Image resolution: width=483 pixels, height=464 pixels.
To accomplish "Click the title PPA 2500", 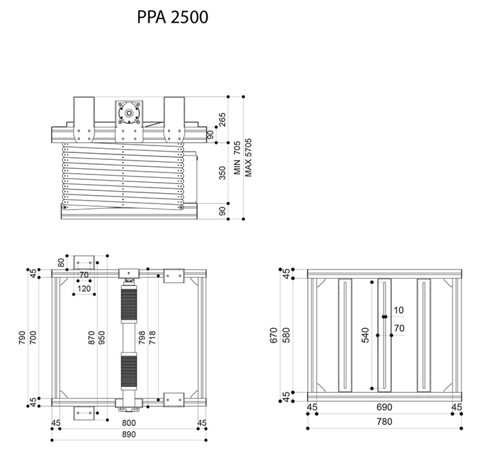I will click(x=172, y=17).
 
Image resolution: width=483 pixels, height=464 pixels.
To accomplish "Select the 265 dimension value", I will click(x=222, y=119).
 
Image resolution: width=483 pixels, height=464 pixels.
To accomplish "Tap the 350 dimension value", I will click(x=222, y=172).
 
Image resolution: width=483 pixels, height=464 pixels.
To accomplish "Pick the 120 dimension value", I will click(x=84, y=288).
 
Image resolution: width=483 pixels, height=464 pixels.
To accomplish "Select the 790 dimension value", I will click(x=23, y=337).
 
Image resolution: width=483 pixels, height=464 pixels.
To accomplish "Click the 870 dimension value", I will click(x=92, y=337).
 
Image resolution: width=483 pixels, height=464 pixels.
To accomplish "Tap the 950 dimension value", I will click(x=102, y=337).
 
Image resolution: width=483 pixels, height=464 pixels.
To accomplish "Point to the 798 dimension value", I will click(x=142, y=337).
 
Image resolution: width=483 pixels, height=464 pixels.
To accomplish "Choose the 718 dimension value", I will click(x=152, y=337).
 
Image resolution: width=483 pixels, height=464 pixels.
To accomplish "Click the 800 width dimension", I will click(x=128, y=423).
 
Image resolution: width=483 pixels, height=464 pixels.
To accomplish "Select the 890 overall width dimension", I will click(x=128, y=434).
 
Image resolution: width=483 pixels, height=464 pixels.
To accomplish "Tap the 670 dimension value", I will click(x=274, y=336).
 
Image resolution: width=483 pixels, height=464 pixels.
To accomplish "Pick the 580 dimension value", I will click(x=285, y=336).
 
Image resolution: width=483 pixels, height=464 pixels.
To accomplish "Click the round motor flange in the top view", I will click(x=128, y=110).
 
